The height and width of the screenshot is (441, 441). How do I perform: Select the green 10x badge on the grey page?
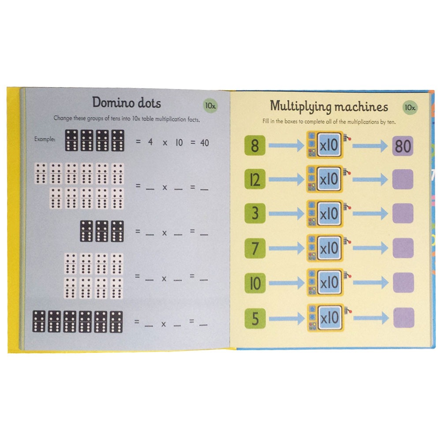[210, 105]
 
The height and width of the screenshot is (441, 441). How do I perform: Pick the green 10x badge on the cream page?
[410, 108]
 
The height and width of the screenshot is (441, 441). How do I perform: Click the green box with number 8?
[255, 146]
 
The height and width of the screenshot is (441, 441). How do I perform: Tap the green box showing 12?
[255, 179]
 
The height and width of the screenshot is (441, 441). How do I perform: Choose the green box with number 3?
[255, 213]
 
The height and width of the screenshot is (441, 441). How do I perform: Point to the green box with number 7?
[255, 248]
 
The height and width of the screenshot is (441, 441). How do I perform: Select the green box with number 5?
[255, 318]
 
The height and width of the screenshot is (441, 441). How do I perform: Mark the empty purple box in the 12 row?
[403, 179]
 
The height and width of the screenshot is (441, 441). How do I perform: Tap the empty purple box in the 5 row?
[404, 318]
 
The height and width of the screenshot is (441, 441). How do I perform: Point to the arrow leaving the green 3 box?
[286, 213]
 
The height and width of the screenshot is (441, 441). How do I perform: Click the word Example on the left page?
[45, 139]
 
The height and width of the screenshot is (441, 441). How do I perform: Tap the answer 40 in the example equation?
[205, 143]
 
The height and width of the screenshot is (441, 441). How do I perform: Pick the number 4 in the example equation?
[150, 142]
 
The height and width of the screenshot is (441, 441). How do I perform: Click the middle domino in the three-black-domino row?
[102, 231]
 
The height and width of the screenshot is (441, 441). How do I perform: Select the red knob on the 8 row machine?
[350, 138]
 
